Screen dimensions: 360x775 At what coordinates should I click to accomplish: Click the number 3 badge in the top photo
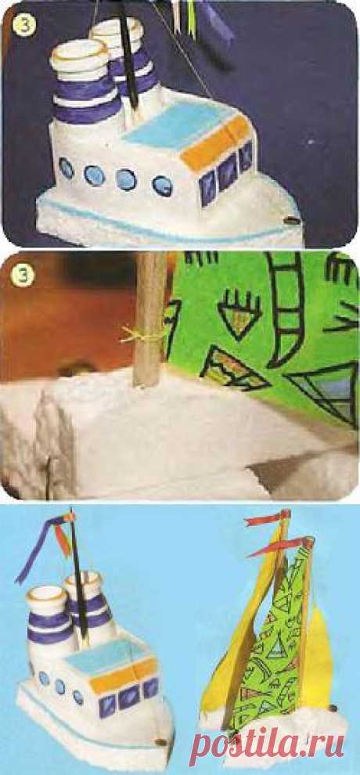23,24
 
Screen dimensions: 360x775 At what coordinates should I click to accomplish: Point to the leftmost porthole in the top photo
67,168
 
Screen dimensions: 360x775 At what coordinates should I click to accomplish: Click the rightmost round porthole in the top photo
163,186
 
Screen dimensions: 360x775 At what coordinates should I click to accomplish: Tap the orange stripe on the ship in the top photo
217,142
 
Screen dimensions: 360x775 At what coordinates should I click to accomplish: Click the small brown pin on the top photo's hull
292,219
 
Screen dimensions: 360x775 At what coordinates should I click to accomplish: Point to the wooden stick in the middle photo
150,319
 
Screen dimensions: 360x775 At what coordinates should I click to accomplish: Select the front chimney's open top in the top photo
78,51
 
